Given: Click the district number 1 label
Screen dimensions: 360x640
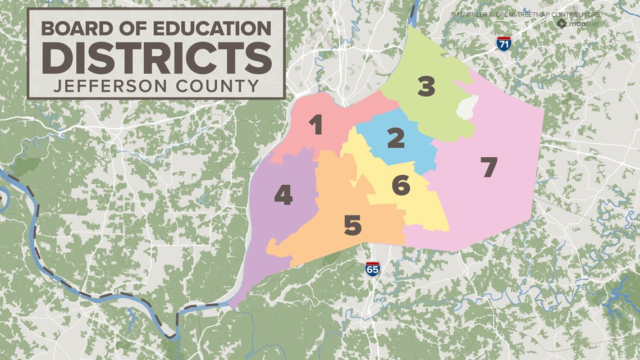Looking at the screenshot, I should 317,125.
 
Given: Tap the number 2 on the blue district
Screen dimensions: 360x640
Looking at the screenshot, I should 395,138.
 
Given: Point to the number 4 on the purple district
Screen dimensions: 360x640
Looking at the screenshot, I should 283,195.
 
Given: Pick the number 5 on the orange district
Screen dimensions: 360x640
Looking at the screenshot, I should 353,226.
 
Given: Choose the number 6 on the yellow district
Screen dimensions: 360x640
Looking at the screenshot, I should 400,185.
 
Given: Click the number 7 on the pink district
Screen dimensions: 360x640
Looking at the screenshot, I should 489,167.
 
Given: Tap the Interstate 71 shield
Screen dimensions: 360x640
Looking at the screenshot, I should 504,44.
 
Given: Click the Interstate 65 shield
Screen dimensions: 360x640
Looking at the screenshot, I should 372,268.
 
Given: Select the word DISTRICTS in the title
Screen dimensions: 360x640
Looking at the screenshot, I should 157,57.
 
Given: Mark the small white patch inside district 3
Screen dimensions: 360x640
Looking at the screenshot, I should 467,107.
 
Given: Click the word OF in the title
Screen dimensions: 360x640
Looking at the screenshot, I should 127,28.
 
